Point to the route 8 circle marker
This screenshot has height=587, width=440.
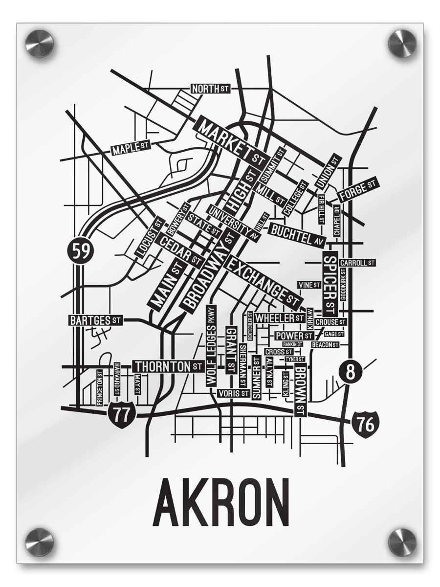click(350, 372)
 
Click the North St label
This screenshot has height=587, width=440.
click(210, 89)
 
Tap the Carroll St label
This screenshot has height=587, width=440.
click(357, 263)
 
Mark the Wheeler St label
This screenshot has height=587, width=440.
click(279, 318)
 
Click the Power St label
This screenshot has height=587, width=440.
click(294, 336)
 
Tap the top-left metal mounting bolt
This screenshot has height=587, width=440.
click(39, 43)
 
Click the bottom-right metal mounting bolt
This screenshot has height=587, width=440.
click(402, 542)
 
